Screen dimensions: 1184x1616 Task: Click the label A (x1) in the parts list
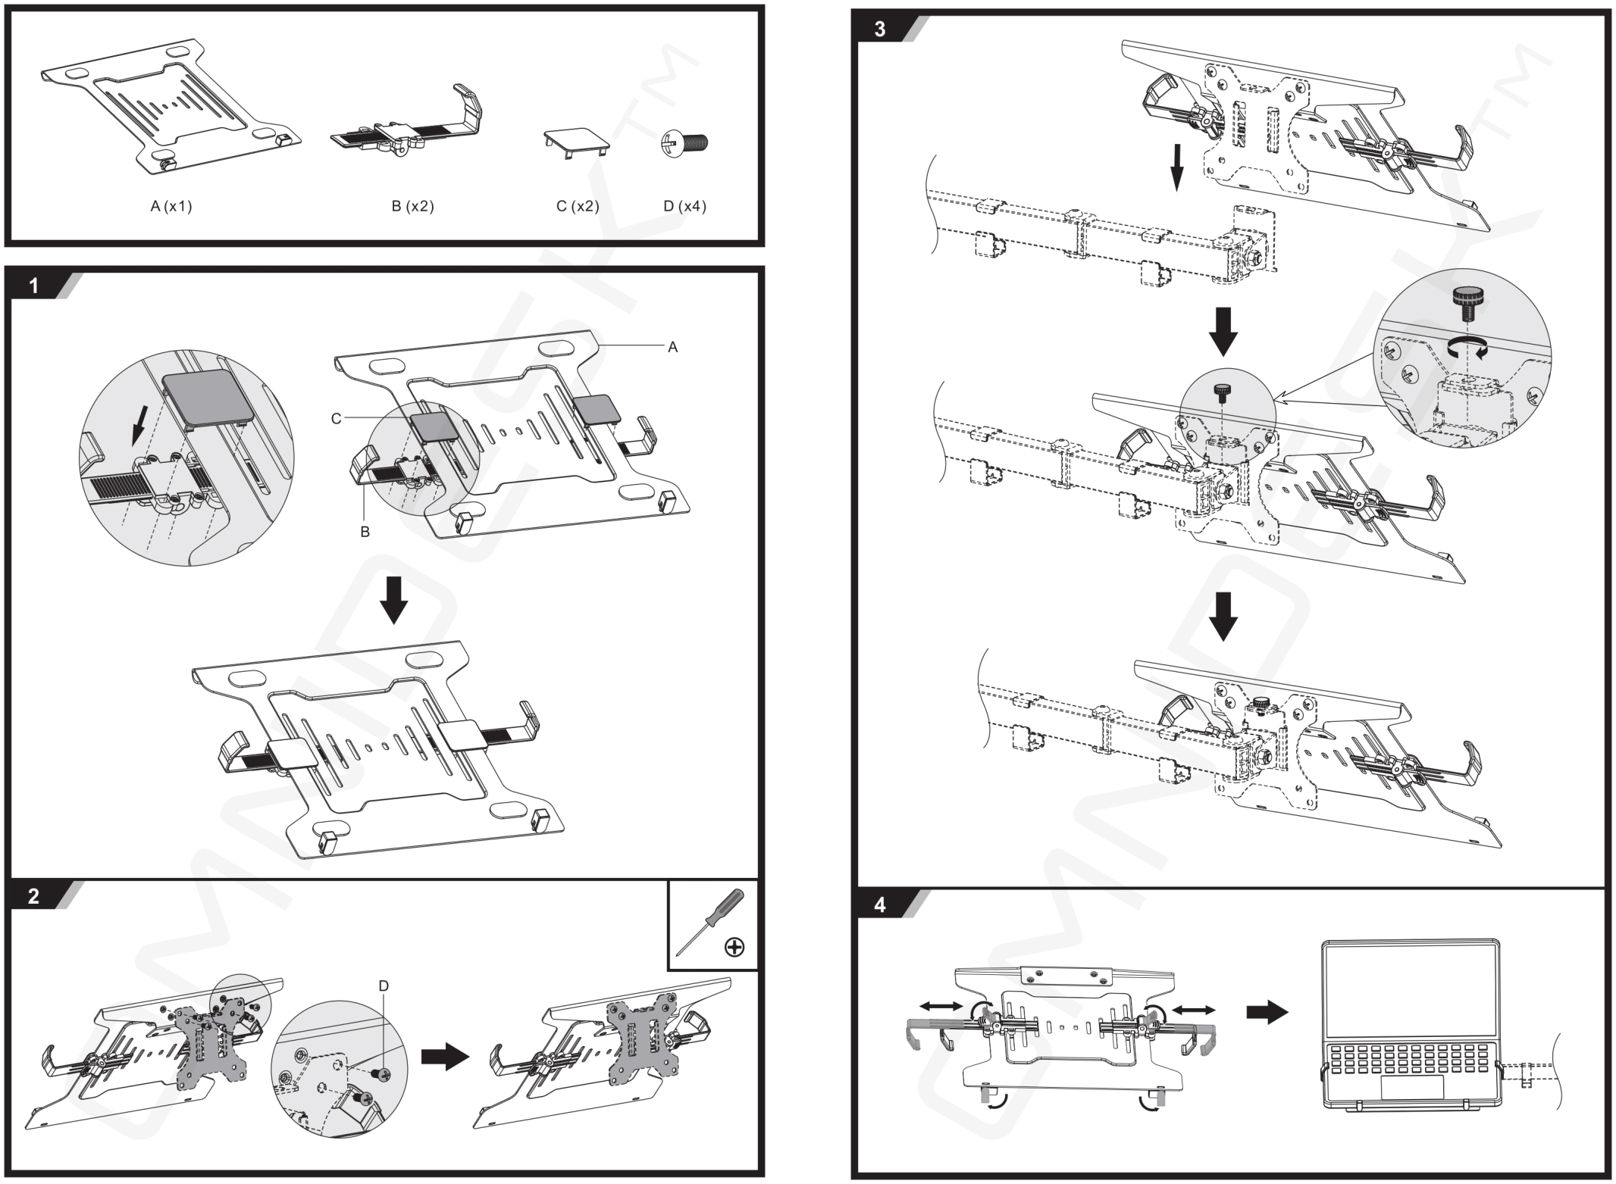pos(171,206)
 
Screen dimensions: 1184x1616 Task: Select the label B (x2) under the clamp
pos(412,206)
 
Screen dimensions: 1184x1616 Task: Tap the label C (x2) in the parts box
pos(578,206)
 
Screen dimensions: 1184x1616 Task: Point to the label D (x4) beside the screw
pos(684,206)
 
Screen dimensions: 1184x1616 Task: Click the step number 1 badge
pos(33,286)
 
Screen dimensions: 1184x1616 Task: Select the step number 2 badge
pos(33,896)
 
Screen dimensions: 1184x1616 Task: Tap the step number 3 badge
pos(879,30)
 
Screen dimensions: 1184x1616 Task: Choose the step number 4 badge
pos(879,905)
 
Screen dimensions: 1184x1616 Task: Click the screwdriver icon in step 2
pos(710,922)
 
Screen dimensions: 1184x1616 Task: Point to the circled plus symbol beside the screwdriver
pos(734,946)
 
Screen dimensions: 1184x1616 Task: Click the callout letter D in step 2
pos(384,986)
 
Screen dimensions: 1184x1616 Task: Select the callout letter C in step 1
pos(336,418)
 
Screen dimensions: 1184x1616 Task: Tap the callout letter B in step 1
pos(365,532)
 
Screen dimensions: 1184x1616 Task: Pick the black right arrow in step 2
pos(444,1057)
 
